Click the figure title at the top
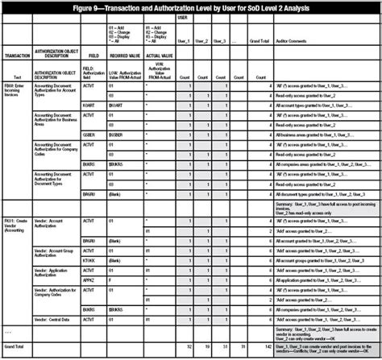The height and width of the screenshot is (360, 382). coord(192,6)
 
